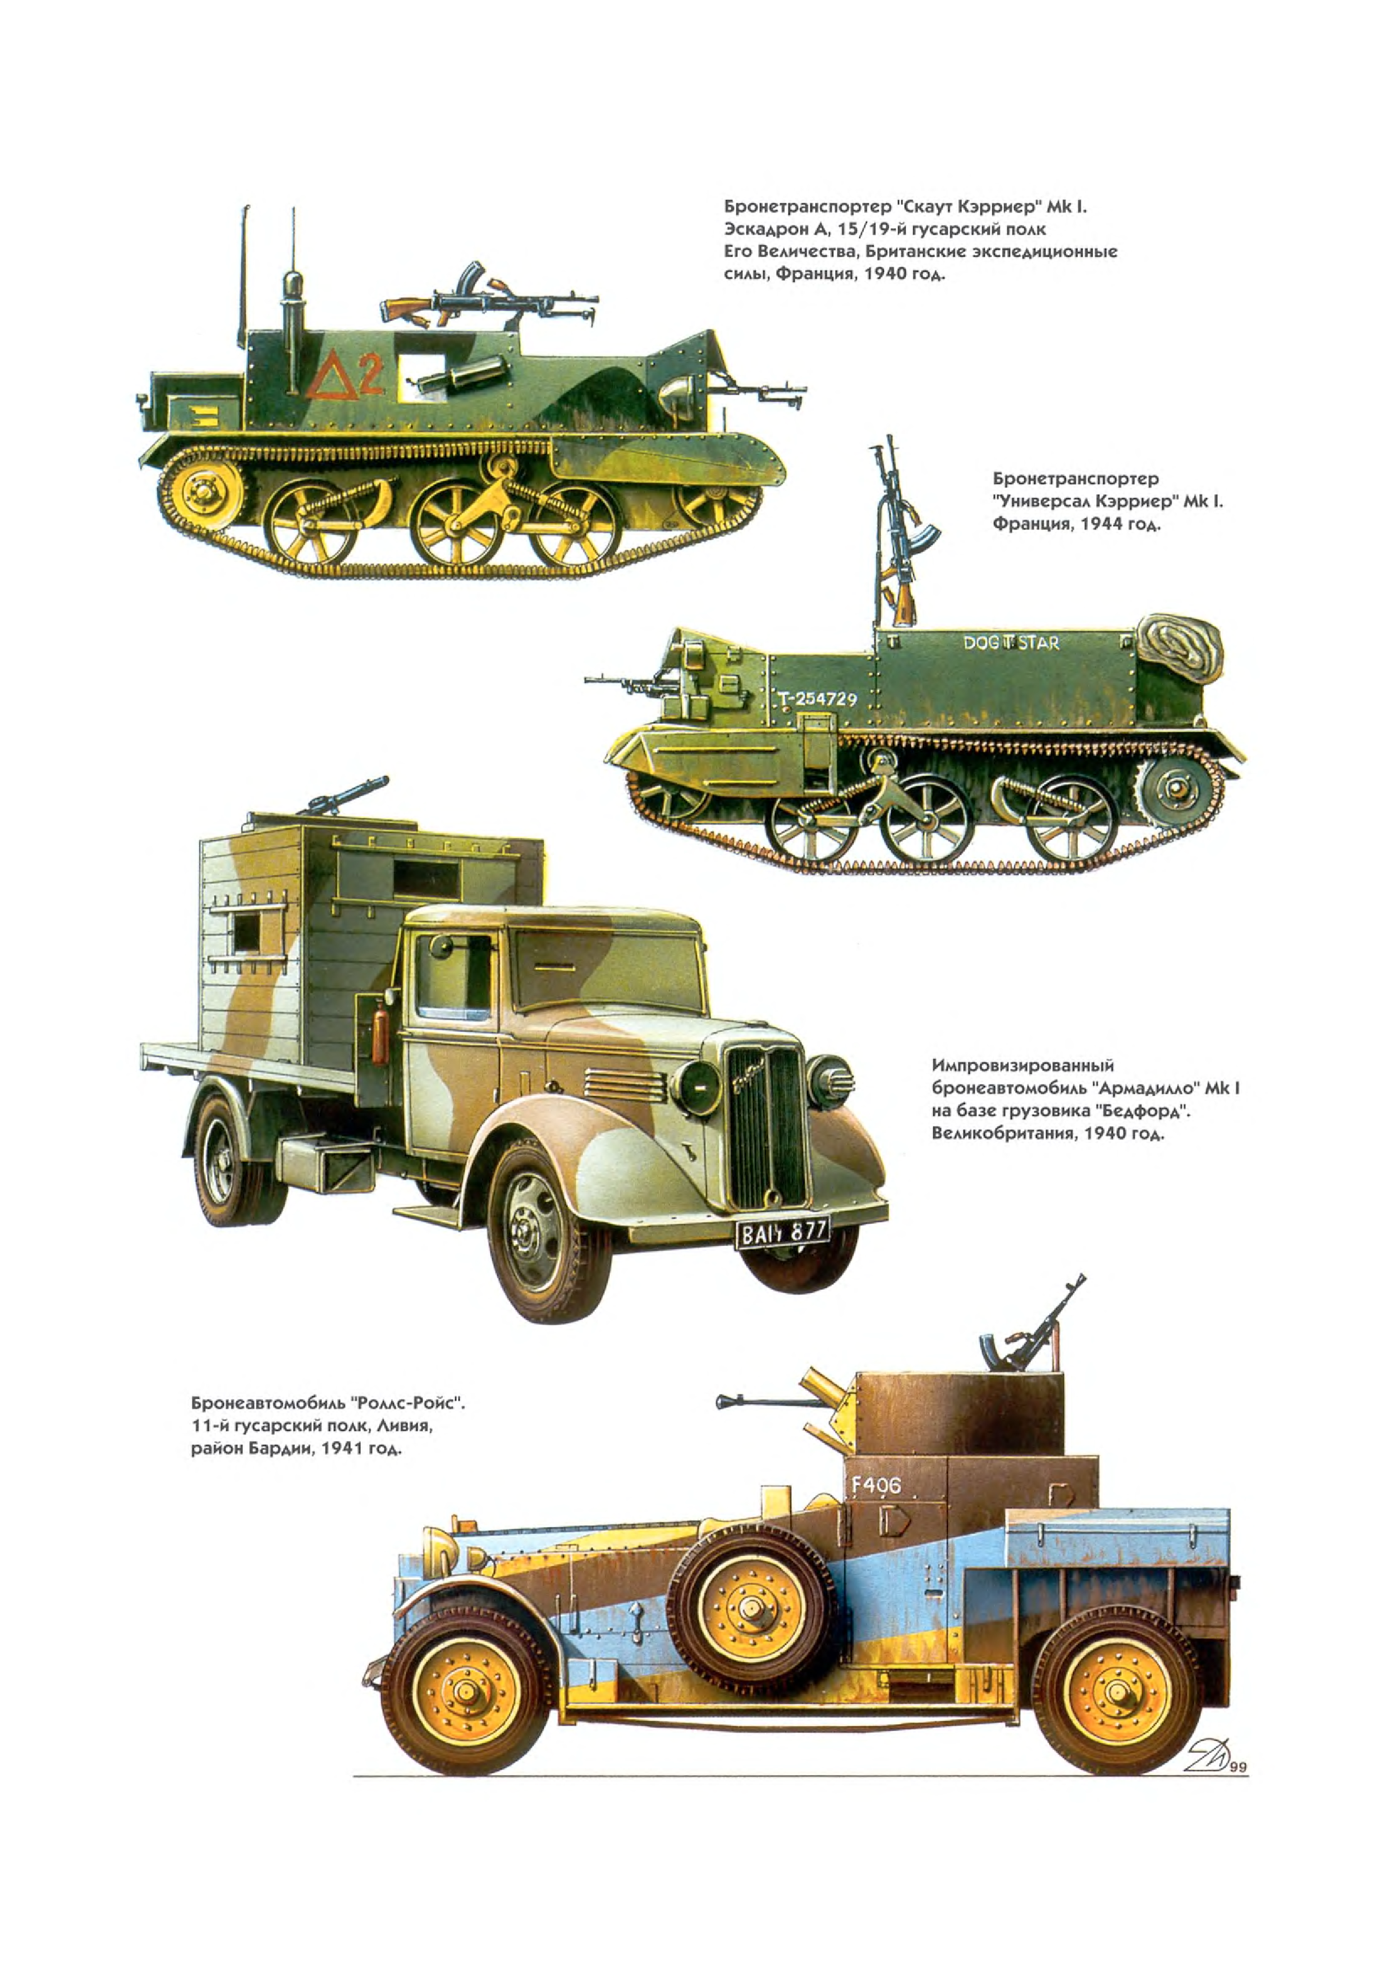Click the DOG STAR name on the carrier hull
click(1010, 642)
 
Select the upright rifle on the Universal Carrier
click(895, 532)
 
